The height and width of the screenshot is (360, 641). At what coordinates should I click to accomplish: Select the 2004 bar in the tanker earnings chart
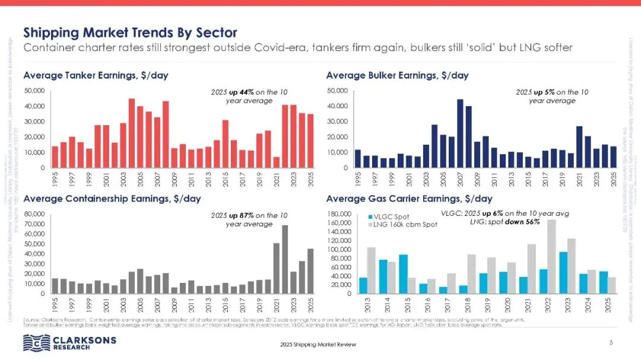132,133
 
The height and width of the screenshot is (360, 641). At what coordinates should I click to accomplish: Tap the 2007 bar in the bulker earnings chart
459,133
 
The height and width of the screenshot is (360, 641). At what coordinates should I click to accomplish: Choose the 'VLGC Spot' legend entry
389,216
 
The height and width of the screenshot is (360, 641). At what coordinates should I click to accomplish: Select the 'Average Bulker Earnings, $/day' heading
397,75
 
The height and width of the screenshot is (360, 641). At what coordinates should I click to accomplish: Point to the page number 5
611,343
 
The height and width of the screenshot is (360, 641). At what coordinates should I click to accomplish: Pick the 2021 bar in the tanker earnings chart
277,162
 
